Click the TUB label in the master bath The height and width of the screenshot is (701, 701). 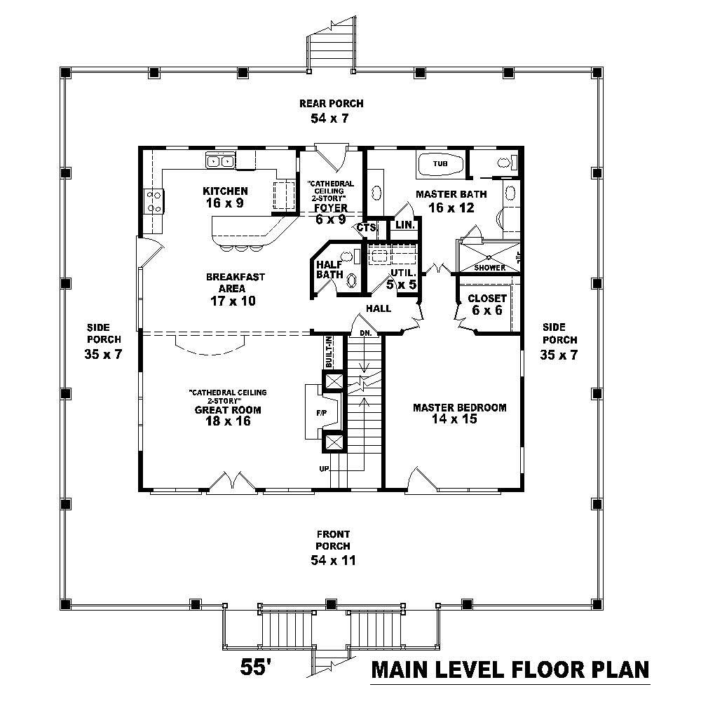pos(440,164)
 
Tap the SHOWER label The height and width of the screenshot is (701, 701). pos(489,268)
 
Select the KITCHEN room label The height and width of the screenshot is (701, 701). pos(225,191)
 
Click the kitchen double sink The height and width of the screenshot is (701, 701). pos(220,162)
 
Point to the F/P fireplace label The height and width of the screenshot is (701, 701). pos(321,413)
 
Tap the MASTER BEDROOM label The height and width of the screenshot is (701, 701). pos(459,407)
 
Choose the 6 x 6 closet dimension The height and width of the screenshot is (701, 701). pos(486,310)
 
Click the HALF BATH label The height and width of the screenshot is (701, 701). pos(329,269)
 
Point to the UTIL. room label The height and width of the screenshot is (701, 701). pos(402,272)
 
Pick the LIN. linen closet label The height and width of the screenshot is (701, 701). pos(404,225)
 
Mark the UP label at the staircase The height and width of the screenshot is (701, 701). pos(325,468)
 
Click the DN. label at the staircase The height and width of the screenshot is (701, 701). pos(365,334)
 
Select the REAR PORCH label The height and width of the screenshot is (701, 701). pos(332,104)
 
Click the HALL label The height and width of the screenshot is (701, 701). pos(378,308)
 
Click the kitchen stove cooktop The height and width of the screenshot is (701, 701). pos(154,201)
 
